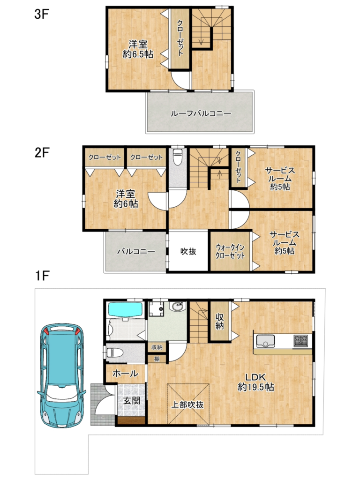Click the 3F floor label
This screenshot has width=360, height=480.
[x=42, y=14]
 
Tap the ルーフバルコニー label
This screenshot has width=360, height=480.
[x=201, y=113]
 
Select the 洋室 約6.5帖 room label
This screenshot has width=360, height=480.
[x=138, y=49]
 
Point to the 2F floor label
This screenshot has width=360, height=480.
[x=42, y=152]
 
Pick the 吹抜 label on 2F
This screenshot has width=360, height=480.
[x=188, y=251]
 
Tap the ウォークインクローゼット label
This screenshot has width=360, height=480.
[x=230, y=251]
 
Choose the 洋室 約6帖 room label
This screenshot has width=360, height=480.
[x=126, y=199]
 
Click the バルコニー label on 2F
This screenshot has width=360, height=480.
[x=136, y=252]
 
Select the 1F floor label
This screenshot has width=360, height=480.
[x=42, y=276]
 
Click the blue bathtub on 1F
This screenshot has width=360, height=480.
[x=126, y=310]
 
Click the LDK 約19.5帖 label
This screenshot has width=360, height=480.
[x=256, y=382]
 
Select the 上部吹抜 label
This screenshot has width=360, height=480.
[x=187, y=405]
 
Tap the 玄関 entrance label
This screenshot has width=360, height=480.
[x=132, y=400]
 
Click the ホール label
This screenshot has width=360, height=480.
[x=125, y=374]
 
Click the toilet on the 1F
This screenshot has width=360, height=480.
[x=115, y=352]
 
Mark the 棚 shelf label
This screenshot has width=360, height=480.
[x=157, y=359]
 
